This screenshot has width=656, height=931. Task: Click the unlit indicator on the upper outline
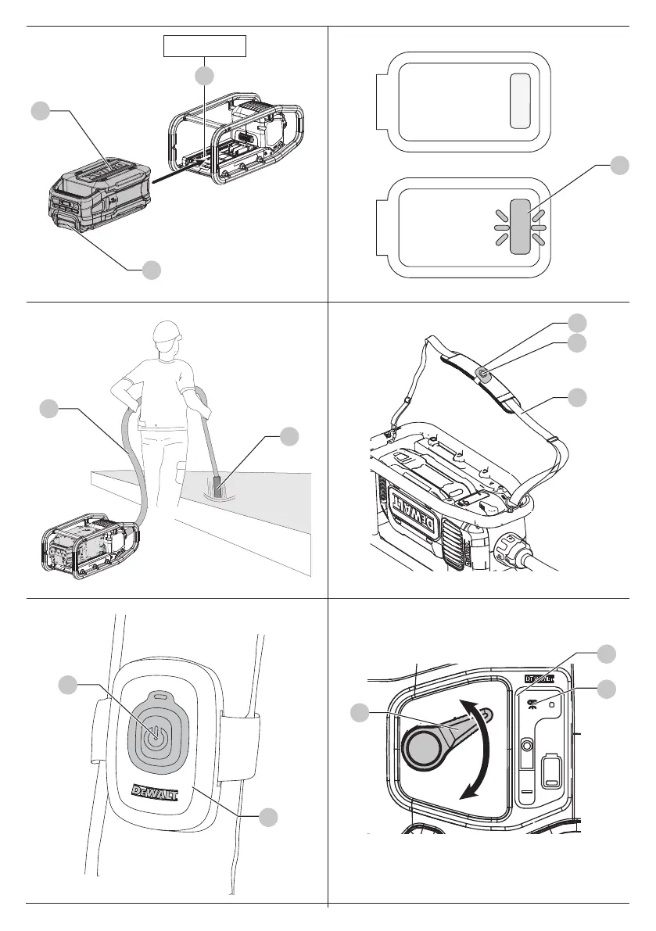pos(519,102)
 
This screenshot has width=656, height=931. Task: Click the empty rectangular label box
pos(205,46)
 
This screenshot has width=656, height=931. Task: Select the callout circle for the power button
pos(69,685)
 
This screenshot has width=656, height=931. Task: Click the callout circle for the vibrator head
pos(289,436)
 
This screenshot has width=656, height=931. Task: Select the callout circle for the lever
pos(360,713)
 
